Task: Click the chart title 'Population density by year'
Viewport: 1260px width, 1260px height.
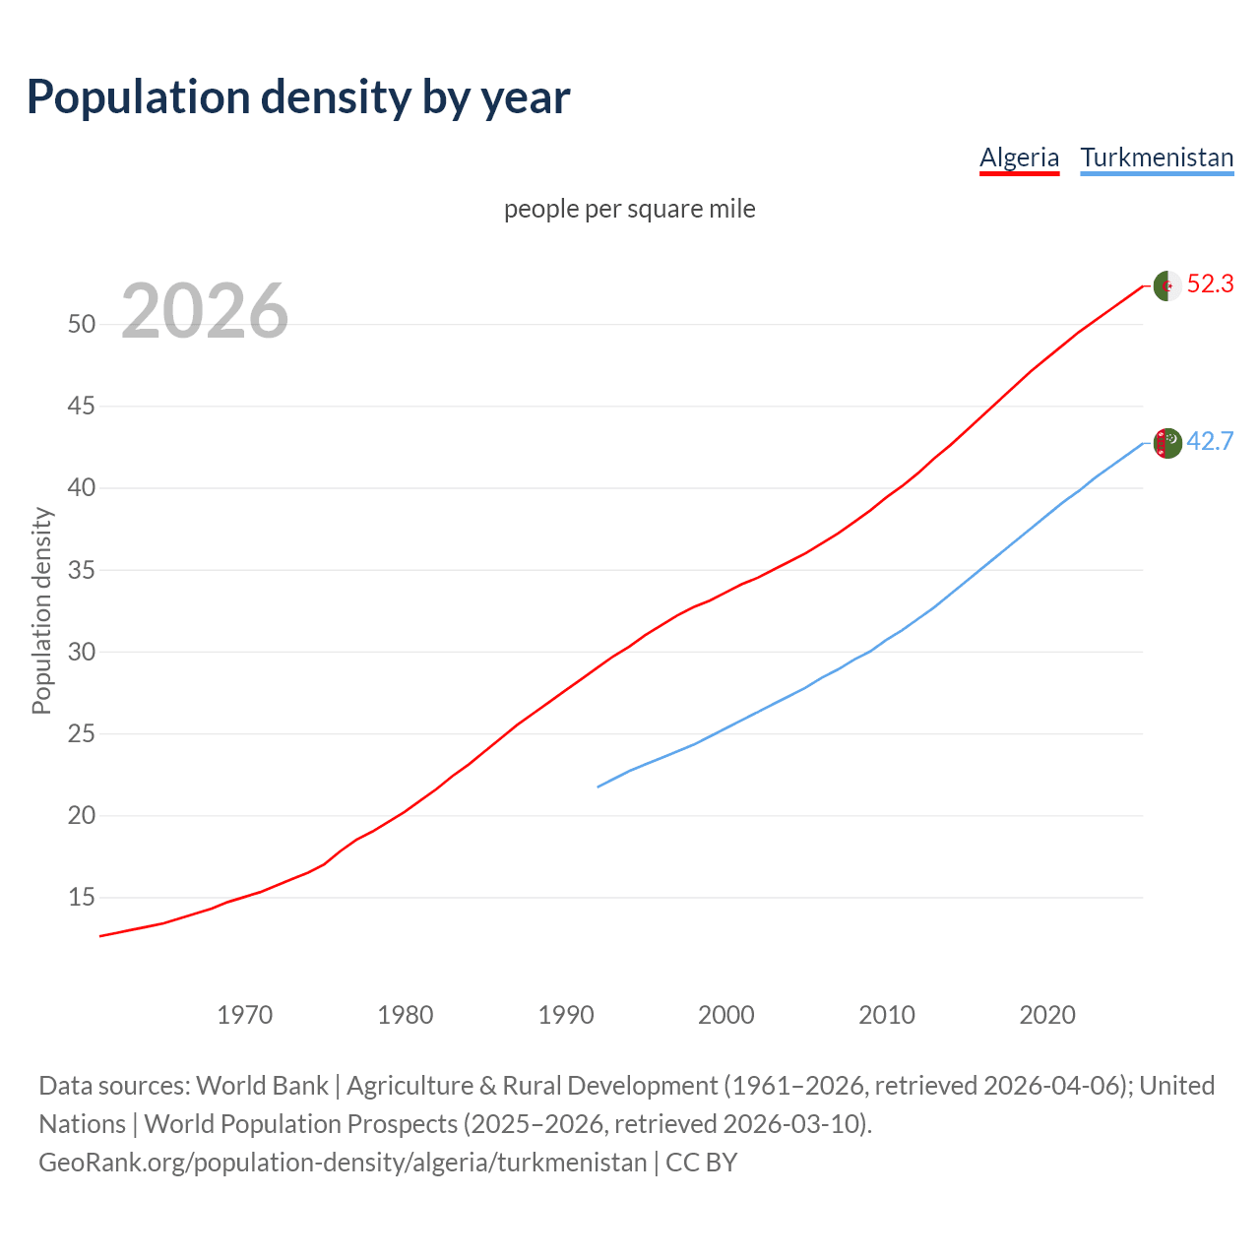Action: pos(298,97)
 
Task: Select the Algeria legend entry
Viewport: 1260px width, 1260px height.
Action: pos(1019,157)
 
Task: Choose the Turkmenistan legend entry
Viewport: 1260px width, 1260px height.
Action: pos(1157,157)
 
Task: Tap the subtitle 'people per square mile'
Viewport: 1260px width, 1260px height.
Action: pos(629,209)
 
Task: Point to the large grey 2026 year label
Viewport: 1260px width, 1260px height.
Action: pos(205,311)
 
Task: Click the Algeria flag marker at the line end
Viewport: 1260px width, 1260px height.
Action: pos(1166,285)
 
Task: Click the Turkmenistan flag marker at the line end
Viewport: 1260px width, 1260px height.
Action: pos(1166,443)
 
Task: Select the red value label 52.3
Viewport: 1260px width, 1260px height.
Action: pos(1210,284)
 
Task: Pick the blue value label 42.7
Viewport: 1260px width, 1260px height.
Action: pos(1210,441)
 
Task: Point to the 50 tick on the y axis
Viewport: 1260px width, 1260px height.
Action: pos(82,324)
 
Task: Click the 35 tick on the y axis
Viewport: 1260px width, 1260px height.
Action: pos(82,570)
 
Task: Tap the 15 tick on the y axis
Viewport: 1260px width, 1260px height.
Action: pos(82,898)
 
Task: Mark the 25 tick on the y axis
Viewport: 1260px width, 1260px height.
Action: pos(82,733)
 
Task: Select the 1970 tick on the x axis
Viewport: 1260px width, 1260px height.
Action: pos(244,1014)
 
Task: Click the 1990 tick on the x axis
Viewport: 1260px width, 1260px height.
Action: pos(566,1014)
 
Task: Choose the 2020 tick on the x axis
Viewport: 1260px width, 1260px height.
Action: pos(1047,1014)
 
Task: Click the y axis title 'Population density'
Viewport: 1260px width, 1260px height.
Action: pos(41,610)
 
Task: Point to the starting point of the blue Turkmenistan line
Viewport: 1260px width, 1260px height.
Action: pos(598,787)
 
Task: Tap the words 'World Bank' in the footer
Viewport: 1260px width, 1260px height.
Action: pos(262,1086)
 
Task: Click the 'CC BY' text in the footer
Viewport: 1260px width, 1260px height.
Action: pos(701,1163)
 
